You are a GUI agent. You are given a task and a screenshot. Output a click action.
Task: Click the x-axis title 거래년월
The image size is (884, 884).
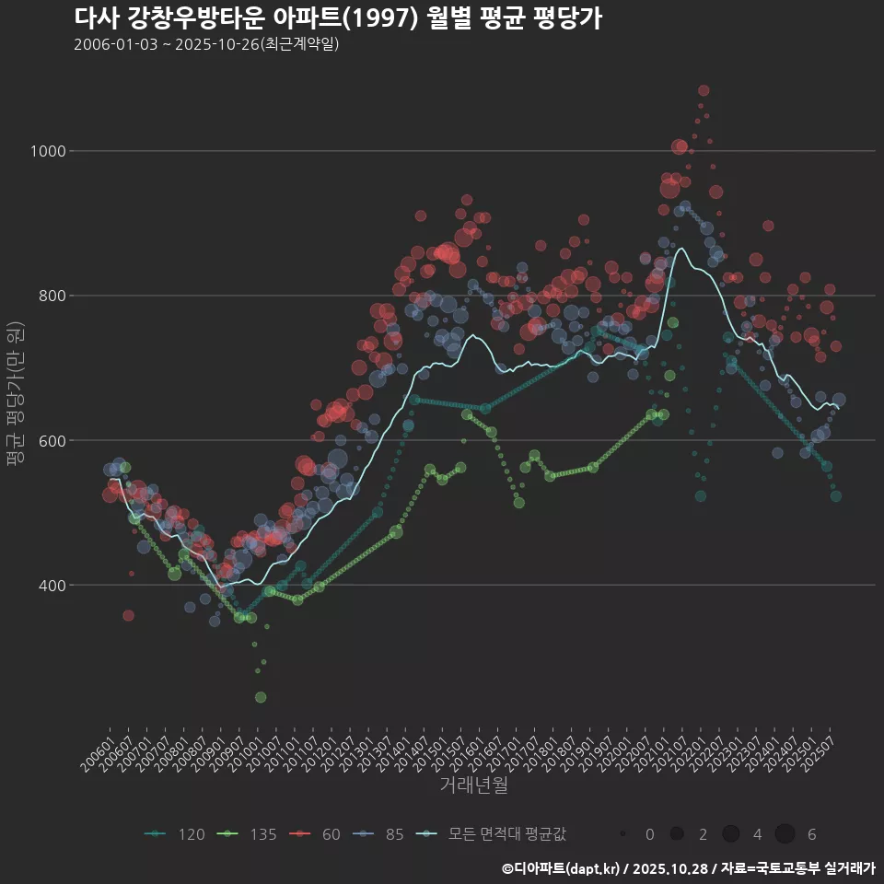[473, 785]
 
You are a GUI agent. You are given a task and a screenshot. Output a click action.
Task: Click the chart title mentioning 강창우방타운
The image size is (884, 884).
[337, 18]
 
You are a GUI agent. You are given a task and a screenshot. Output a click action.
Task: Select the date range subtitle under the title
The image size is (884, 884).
[206, 44]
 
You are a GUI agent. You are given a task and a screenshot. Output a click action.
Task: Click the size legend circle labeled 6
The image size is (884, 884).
[785, 834]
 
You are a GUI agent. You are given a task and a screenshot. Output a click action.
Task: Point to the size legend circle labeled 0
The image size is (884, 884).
[623, 834]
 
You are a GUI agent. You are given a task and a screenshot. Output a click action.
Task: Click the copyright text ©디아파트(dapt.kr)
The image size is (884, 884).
[563, 868]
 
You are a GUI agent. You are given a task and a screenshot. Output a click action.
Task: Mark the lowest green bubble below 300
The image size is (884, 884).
[261, 697]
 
